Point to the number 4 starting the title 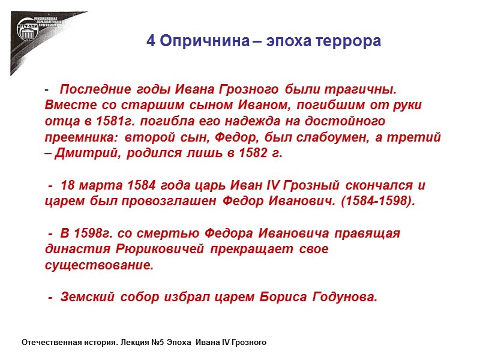tap(151, 42)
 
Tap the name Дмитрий tap(83, 152)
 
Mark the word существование tap(99, 265)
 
